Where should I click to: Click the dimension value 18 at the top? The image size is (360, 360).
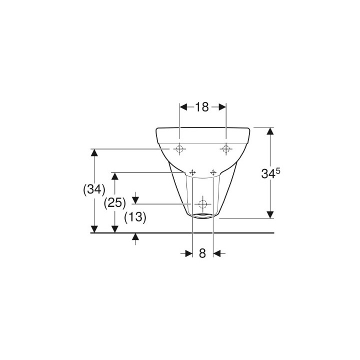point(202,107)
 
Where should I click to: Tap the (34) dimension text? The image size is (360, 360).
point(93,189)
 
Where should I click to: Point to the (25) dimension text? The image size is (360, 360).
point(114,203)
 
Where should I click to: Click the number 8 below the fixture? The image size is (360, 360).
point(202,253)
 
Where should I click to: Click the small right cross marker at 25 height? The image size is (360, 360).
point(213,172)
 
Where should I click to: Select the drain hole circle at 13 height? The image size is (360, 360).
point(202,204)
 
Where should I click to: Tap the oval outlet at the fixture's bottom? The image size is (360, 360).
point(202,216)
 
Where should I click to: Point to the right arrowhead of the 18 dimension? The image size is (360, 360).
point(222,107)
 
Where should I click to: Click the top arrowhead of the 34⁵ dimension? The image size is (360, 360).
point(270,132)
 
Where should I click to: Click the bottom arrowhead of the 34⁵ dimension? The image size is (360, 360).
point(270,214)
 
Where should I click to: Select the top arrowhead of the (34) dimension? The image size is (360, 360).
point(93,152)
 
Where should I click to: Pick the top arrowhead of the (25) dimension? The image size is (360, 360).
point(114,176)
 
